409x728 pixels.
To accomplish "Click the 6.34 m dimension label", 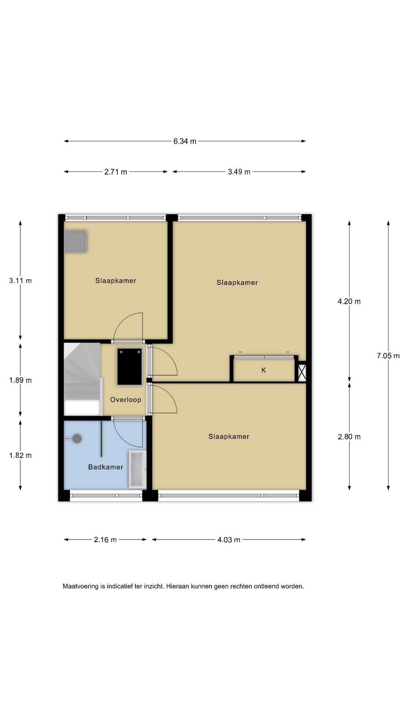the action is (x=185, y=141).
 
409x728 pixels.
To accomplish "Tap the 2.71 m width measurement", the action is (x=116, y=172).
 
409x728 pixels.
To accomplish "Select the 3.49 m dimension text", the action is (x=239, y=172).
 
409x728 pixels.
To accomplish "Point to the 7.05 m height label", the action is (x=388, y=356).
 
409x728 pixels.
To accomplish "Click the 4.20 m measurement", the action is (x=349, y=301).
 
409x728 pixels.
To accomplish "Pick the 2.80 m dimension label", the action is (x=349, y=437).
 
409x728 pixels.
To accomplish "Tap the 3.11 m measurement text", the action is (x=20, y=281).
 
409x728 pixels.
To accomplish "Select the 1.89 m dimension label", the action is (x=20, y=380).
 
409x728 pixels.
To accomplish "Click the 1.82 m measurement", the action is (x=20, y=455).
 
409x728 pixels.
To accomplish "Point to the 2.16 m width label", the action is (x=105, y=540).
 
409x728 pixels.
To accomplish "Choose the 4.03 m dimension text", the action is (x=229, y=540).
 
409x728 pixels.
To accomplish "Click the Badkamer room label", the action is (x=106, y=467).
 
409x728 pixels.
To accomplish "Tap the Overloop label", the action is (x=126, y=400).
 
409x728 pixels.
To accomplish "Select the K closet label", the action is (x=264, y=370).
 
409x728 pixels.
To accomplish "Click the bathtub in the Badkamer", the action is (x=137, y=469).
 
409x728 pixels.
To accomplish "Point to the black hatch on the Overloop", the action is (x=130, y=367).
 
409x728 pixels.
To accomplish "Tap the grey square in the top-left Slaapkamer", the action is (x=76, y=241).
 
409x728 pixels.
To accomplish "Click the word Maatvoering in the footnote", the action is (x=81, y=587).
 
